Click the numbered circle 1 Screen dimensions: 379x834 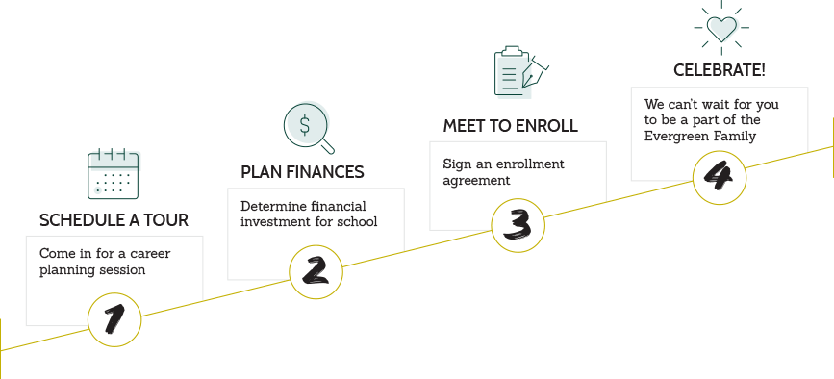click(x=114, y=319)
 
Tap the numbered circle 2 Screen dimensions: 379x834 click(x=316, y=270)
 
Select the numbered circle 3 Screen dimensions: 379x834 click(x=518, y=224)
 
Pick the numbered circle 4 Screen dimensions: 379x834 click(x=720, y=177)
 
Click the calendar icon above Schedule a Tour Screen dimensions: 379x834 click(x=114, y=174)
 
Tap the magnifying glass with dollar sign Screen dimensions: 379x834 click(x=309, y=127)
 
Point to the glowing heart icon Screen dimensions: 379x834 click(x=721, y=27)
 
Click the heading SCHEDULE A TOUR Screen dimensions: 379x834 click(x=114, y=220)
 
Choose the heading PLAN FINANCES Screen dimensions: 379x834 click(x=302, y=172)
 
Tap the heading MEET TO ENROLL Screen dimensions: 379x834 click(x=510, y=126)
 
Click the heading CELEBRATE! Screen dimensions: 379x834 click(x=719, y=71)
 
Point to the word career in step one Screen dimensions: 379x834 click(x=150, y=254)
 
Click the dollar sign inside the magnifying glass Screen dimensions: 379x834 click(x=305, y=123)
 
